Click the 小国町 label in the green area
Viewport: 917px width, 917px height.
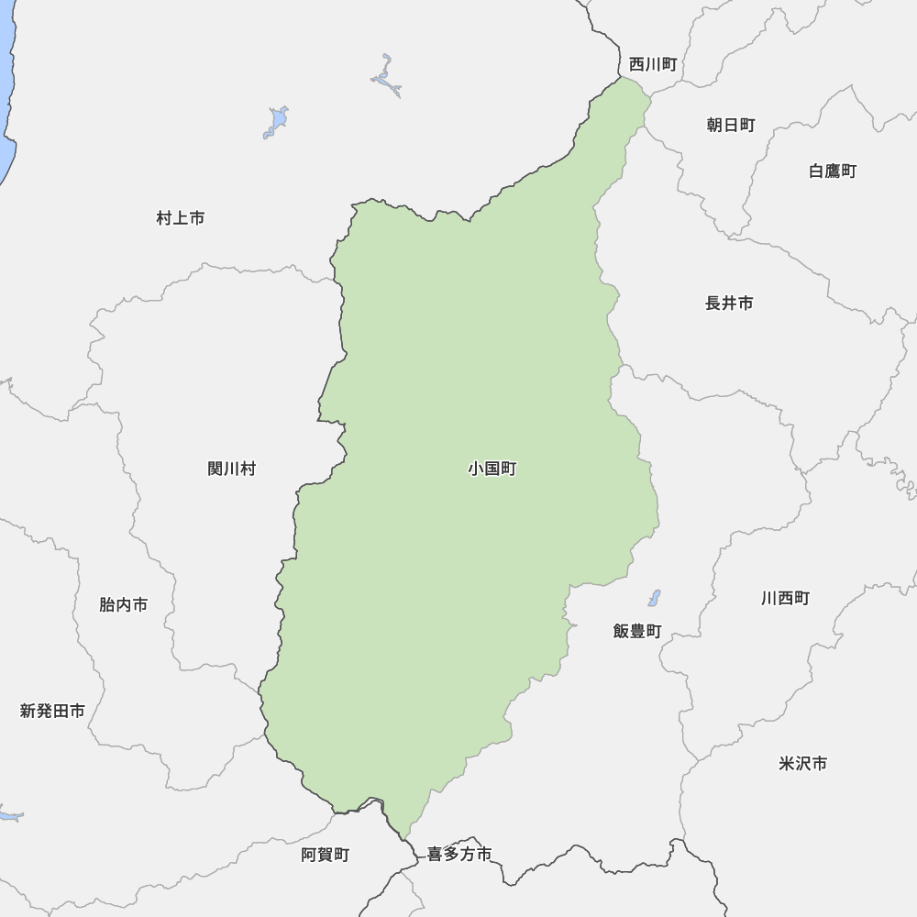492,470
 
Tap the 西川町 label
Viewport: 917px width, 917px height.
653,64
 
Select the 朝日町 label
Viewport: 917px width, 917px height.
731,125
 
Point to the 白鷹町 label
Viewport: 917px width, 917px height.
833,171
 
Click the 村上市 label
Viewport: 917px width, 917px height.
181,218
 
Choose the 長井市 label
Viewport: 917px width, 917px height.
729,303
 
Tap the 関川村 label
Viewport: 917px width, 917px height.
232,470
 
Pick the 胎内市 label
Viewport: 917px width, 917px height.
123,605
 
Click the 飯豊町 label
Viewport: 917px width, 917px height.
637,631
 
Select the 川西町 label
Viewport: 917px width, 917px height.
785,598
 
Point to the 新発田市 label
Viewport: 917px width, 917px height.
52,711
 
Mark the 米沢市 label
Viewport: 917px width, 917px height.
802,763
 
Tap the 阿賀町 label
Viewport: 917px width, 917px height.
326,855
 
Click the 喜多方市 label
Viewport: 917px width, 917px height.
459,855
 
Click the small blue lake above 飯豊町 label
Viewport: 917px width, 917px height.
654,598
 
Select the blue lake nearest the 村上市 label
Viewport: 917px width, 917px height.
277,121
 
